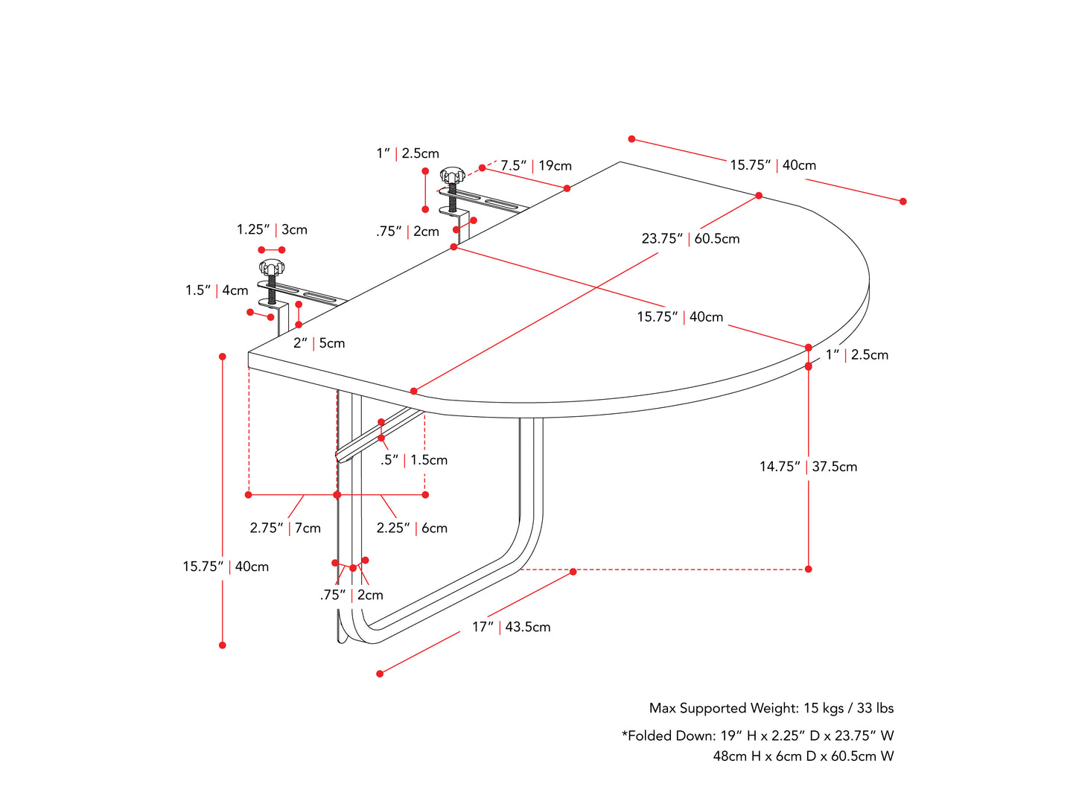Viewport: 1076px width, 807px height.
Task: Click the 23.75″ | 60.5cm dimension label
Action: pyautogui.click(x=690, y=239)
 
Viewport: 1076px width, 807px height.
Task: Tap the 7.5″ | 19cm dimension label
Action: pyautogui.click(x=535, y=165)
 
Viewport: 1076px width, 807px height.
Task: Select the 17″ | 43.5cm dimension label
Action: pyautogui.click(x=511, y=627)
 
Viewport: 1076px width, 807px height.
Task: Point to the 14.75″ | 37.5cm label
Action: pyautogui.click(x=808, y=467)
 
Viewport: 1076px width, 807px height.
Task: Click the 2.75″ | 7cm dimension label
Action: pyautogui.click(x=285, y=528)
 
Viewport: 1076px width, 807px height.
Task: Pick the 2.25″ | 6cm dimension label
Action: pyautogui.click(x=412, y=528)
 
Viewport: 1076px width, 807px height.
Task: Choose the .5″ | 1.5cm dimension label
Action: pyautogui.click(x=414, y=460)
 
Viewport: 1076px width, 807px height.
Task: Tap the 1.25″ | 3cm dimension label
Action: pyautogui.click(x=272, y=229)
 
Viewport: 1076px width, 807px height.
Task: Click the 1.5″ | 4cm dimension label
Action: pyautogui.click(x=217, y=290)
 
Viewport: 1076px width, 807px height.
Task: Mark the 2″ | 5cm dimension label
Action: pyautogui.click(x=319, y=343)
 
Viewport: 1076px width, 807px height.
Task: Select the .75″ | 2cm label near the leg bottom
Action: pyautogui.click(x=351, y=595)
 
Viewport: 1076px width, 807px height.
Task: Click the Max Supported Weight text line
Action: pyautogui.click(x=771, y=708)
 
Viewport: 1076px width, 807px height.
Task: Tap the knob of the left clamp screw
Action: pyautogui.click(x=272, y=267)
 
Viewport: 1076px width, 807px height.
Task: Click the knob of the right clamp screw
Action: pyautogui.click(x=452, y=176)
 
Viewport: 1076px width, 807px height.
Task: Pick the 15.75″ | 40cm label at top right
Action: pyautogui.click(x=772, y=165)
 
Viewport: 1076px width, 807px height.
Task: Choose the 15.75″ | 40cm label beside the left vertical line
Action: pyautogui.click(x=226, y=567)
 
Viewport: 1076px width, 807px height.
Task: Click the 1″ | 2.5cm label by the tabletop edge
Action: pyautogui.click(x=856, y=355)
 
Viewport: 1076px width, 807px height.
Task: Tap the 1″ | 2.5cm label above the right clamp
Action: pyautogui.click(x=407, y=153)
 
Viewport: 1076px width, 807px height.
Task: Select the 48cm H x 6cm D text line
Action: pyautogui.click(x=803, y=756)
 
